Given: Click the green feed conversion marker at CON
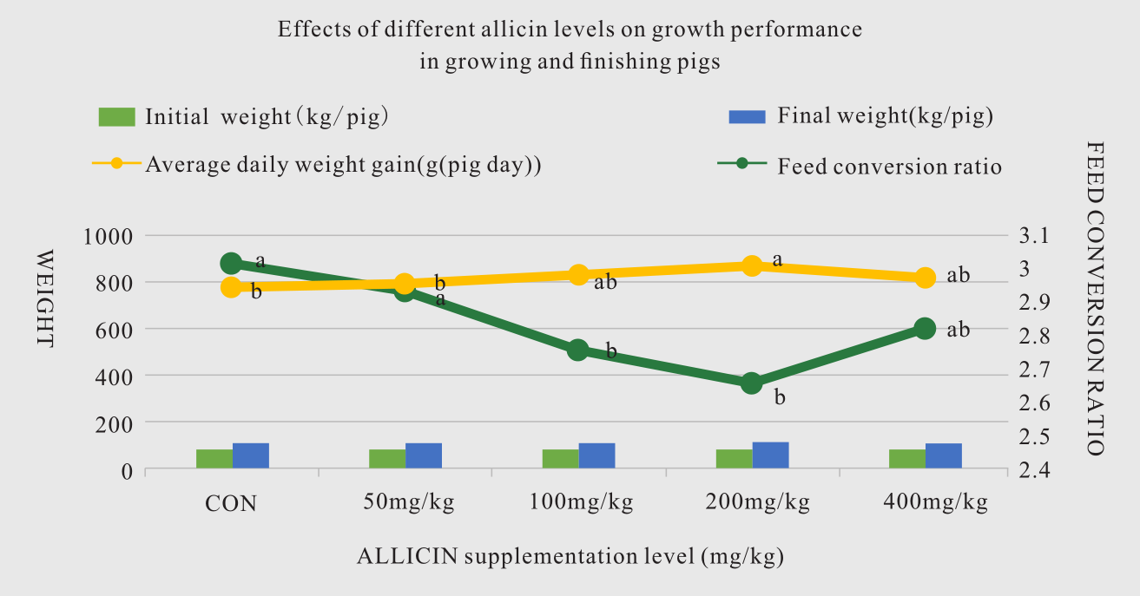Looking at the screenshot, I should click(231, 264).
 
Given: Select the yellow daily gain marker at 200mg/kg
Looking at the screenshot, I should click(752, 266).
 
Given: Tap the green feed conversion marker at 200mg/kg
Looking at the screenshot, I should click(752, 383).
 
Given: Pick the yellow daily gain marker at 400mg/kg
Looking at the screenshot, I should click(926, 278).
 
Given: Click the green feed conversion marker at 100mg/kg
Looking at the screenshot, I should click(578, 350).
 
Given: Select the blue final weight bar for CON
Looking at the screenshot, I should click(250, 455).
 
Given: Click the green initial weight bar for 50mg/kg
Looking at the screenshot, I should click(387, 459).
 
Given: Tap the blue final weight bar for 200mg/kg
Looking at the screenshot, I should click(770, 455).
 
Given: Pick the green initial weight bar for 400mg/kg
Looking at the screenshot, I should click(907, 459).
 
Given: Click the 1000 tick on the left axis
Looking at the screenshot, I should click(107, 236).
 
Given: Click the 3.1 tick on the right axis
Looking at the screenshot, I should click(1034, 236).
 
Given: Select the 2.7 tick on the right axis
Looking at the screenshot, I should click(1034, 370).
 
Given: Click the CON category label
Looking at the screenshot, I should click(231, 502).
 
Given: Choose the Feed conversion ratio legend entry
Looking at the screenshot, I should click(890, 166).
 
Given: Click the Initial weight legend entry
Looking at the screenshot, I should click(266, 116).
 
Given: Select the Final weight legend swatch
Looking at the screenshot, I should click(747, 116).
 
